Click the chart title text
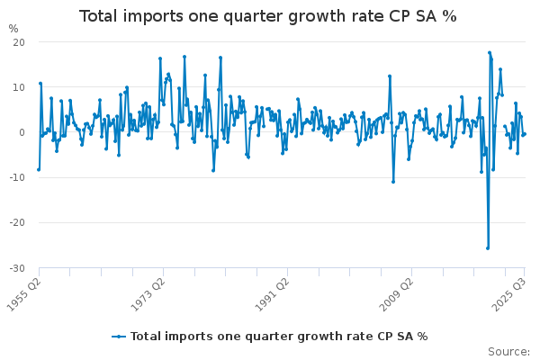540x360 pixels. point(268,16)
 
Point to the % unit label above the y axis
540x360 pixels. point(13,29)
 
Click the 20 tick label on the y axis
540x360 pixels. point(19,42)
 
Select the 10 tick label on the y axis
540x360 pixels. point(19,87)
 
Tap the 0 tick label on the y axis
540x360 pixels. point(22,132)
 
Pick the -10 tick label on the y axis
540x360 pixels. point(17,177)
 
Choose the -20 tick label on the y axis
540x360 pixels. point(17,222)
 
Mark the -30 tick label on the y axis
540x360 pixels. point(17,268)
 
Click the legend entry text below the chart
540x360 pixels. point(279,336)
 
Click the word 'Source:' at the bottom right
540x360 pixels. point(508,351)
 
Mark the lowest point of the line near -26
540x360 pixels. point(488,248)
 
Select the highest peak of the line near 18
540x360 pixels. point(490,52)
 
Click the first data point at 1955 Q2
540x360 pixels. point(39,169)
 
